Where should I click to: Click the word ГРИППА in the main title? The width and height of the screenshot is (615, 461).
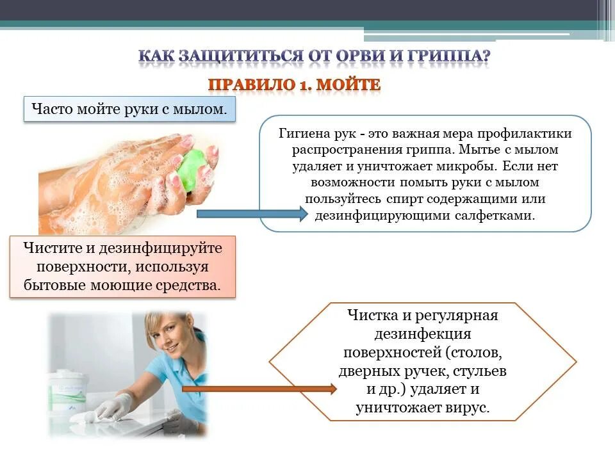point(448,56)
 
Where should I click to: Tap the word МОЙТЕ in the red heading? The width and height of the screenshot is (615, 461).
point(350,85)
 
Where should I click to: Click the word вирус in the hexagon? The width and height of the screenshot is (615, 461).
point(471,407)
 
